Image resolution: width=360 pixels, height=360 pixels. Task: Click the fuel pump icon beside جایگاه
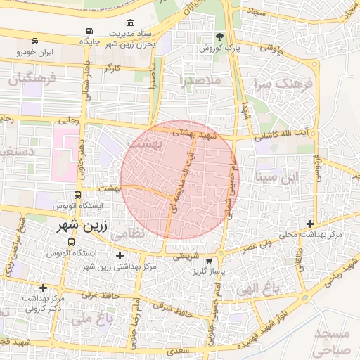(89, 31)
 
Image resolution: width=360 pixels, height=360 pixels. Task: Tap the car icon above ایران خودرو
(35, 41)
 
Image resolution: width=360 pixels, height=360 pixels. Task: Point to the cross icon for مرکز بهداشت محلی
(310, 224)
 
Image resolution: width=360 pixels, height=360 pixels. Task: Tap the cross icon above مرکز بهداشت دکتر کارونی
(44, 288)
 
